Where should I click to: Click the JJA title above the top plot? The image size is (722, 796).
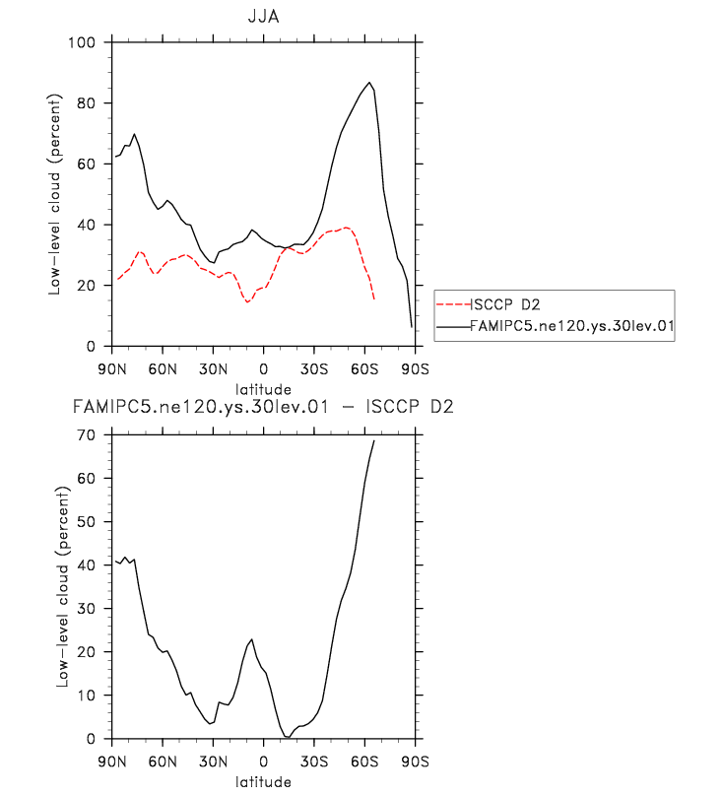tap(263, 16)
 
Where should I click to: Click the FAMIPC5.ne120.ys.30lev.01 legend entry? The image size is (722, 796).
tap(570, 323)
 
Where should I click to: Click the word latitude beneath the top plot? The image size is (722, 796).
tap(263, 389)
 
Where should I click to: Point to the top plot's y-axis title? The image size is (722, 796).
tap(57, 194)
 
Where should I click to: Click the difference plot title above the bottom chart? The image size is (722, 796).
tap(263, 407)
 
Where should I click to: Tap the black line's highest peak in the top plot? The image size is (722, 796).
tap(369, 83)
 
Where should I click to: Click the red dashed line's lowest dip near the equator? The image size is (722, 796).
tap(248, 301)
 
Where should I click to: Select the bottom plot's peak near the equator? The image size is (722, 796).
tap(252, 639)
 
